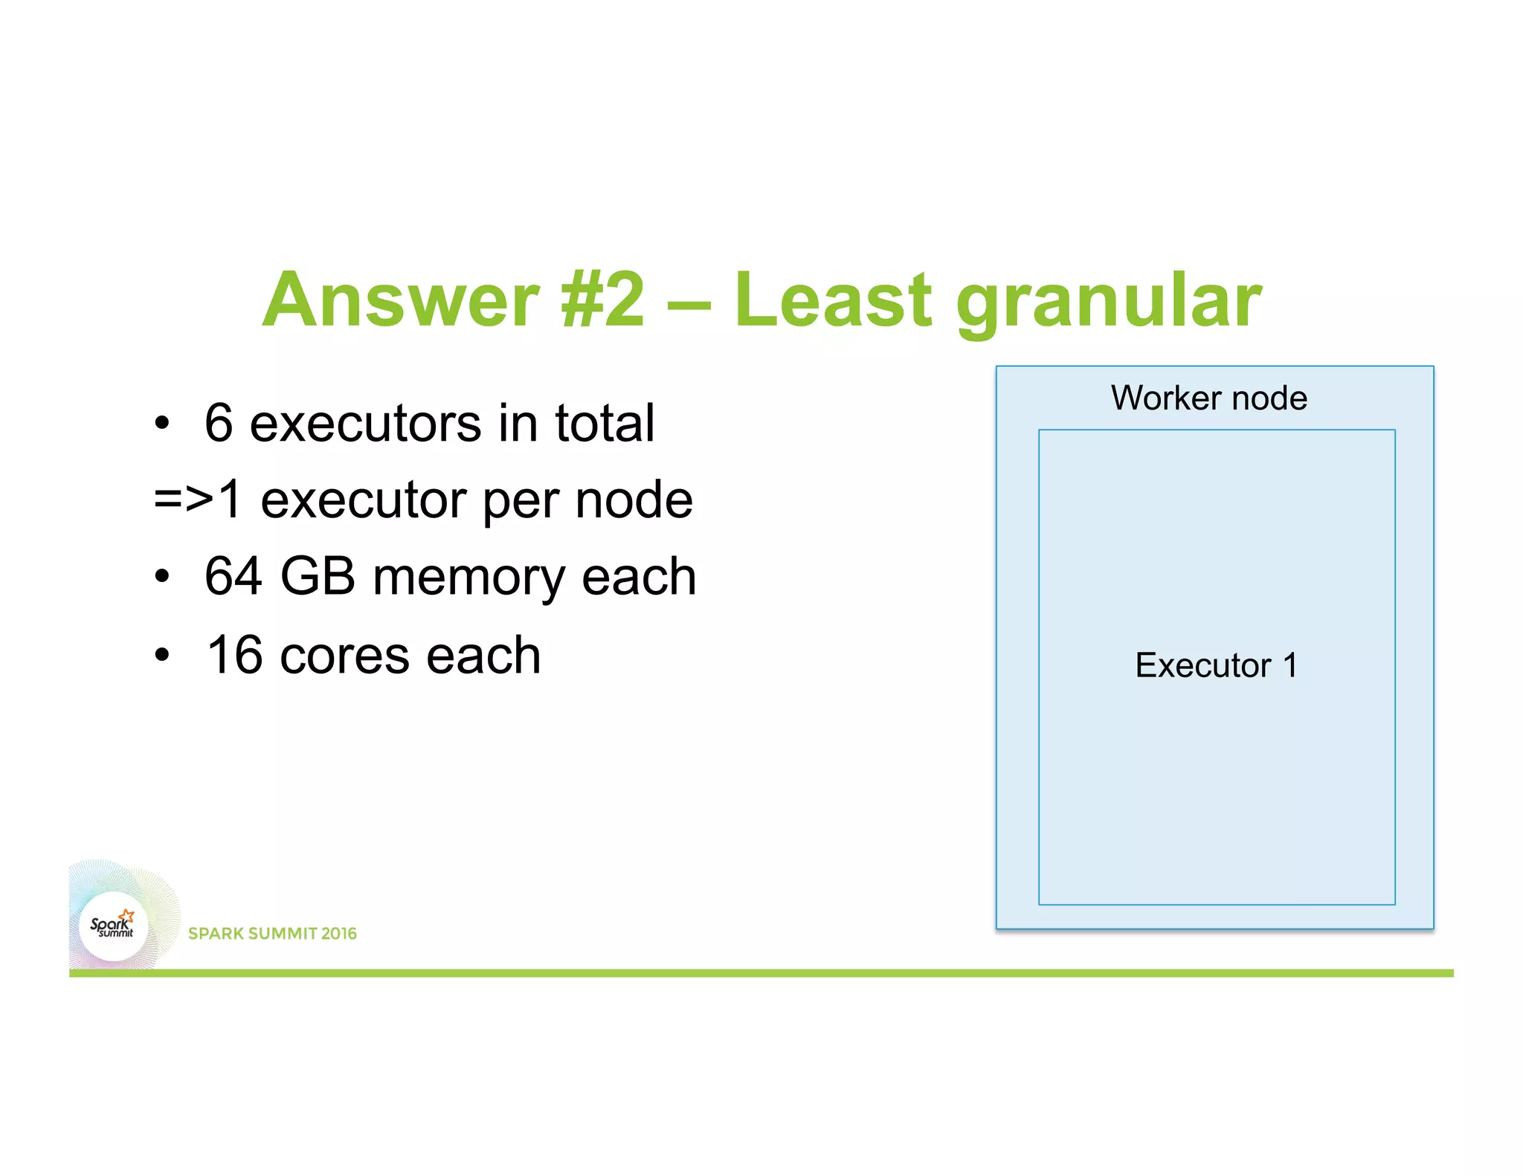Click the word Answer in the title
click(401, 300)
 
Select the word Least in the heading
click(832, 300)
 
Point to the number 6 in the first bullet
click(219, 423)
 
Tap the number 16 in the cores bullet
click(235, 656)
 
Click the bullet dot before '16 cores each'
click(162, 656)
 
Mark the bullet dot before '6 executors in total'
click(162, 424)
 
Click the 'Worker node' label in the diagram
click(1209, 398)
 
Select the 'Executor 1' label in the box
click(1216, 665)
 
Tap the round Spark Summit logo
click(113, 926)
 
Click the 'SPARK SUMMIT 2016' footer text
click(272, 934)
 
